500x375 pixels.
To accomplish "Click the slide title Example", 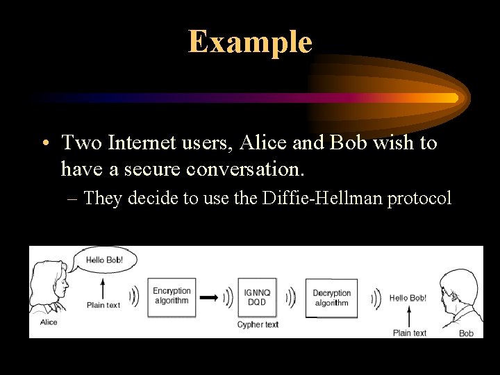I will (250, 42).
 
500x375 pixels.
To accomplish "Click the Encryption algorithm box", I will (171, 297).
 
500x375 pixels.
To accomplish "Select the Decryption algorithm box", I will (331, 297).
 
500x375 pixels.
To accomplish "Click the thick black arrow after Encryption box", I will (208, 297).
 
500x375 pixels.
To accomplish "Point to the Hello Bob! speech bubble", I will (106, 260).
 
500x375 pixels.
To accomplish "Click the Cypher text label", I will (258, 324).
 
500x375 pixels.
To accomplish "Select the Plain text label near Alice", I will (103, 305).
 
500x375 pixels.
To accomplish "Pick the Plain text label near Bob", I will (409, 333).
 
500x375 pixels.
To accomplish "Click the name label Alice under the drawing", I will (49, 322).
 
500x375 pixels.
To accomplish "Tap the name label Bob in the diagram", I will (466, 333).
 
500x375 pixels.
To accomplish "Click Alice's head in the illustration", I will (52, 278).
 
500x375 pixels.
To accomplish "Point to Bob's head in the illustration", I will (458, 288).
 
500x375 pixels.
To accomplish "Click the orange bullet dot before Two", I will (44, 144).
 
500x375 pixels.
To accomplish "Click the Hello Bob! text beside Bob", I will (408, 298).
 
